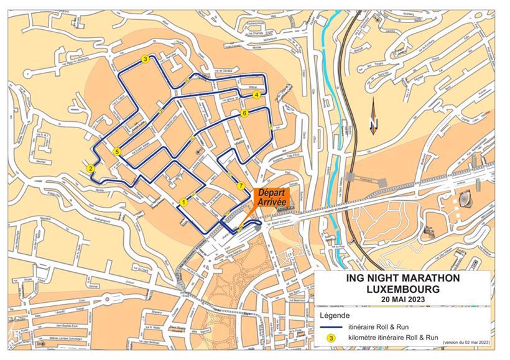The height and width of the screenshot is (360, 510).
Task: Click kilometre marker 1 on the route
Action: tap(183, 202)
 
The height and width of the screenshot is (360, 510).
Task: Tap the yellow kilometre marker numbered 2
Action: tap(91, 168)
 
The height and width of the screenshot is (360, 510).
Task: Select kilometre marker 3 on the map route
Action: tap(145, 60)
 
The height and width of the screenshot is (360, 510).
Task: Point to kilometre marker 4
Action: tap(256, 95)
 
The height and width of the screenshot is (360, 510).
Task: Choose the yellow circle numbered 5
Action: tap(117, 151)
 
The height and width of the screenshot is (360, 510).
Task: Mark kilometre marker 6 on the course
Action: tap(245, 113)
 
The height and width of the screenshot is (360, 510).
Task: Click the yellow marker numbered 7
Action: tap(240, 186)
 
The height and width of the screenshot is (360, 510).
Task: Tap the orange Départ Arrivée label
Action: tap(272, 197)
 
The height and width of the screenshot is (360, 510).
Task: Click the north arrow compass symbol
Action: tap(373, 118)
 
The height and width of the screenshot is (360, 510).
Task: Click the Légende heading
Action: tap(333, 315)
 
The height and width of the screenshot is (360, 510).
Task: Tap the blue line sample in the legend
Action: tap(331, 326)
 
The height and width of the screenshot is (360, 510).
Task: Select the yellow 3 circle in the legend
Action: tap(331, 338)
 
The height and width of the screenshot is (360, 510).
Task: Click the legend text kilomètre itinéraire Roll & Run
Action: tap(391, 338)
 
